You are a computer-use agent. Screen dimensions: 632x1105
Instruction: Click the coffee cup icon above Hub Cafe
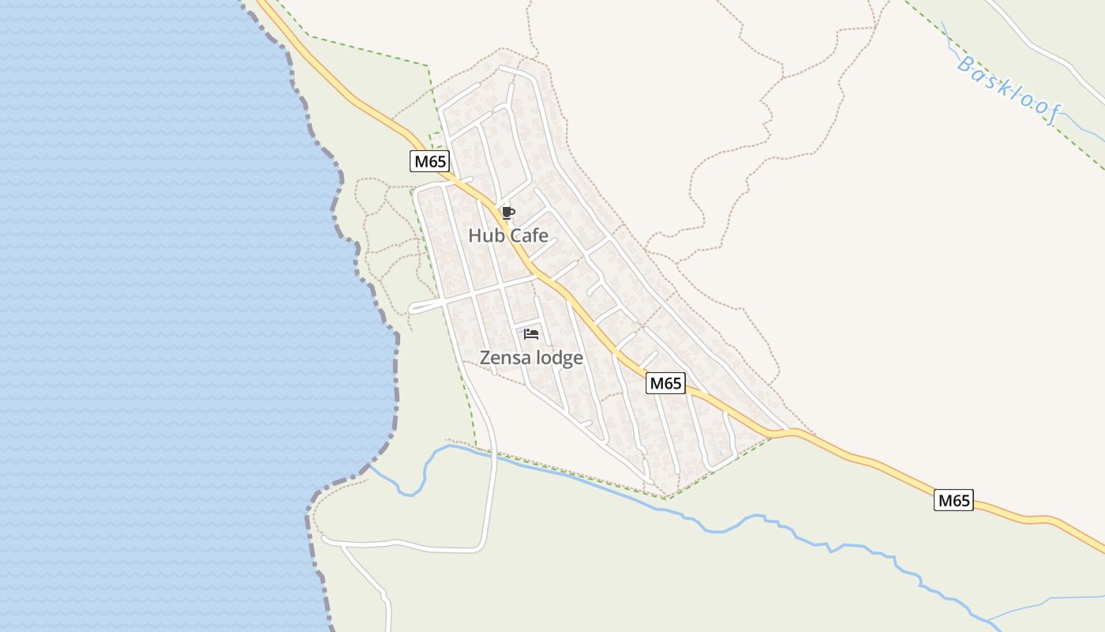pos(508,213)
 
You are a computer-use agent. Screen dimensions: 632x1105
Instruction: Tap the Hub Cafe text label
pos(508,235)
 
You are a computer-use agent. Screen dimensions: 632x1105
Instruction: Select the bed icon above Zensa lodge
pos(531,334)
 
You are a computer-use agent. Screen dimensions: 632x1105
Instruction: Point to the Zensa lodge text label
pos(531,358)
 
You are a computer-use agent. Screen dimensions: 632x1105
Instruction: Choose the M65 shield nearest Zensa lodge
pos(665,383)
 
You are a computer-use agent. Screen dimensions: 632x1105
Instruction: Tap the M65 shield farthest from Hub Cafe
pos(953,500)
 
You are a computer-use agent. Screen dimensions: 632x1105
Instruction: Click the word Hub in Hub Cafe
pos(483,235)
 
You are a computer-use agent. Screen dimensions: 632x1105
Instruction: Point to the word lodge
pos(560,358)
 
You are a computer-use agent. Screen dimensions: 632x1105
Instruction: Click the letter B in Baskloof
pos(965,64)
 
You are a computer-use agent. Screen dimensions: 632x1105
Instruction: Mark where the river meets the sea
pos(369,466)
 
